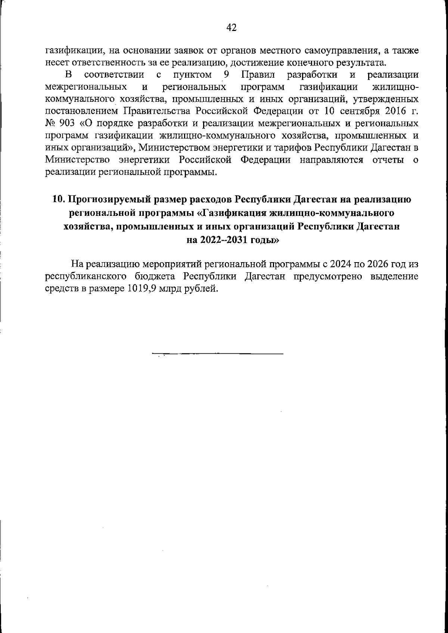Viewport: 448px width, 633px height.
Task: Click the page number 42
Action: pyautogui.click(x=231, y=27)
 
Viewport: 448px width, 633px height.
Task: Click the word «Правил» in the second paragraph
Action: pyautogui.click(x=258, y=75)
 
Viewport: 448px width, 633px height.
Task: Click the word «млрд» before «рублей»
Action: pyautogui.click(x=170, y=289)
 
